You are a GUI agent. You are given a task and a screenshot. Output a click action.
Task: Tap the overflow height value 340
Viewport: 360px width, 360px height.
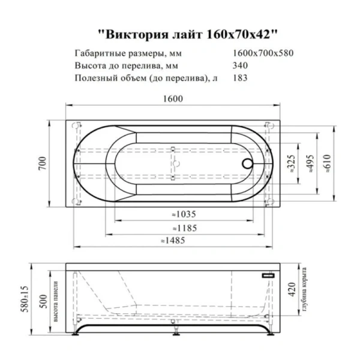tap(238, 65)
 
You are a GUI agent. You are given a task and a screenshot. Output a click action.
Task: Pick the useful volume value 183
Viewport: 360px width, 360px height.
tap(238, 78)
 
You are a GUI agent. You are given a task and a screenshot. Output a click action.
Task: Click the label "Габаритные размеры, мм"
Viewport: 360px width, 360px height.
tap(122, 53)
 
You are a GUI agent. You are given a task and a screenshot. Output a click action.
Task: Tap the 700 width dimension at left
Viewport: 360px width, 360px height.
tap(41, 161)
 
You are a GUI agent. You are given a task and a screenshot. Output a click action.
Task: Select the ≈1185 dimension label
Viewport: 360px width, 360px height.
tap(183, 228)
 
